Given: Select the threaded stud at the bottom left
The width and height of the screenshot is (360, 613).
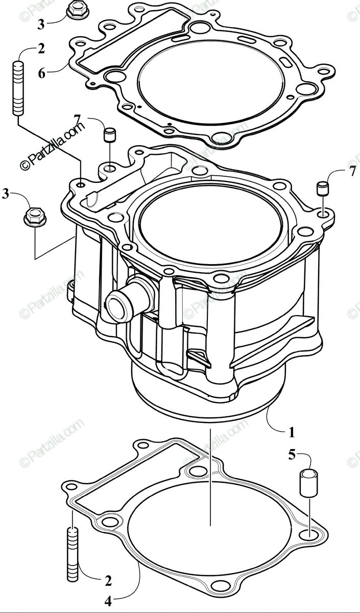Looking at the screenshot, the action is tap(72, 555).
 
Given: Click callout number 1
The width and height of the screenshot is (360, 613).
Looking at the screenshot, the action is tap(291, 433).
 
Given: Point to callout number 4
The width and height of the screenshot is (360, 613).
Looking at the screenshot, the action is tap(108, 602).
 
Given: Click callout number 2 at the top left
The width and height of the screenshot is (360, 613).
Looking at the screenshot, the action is tap(41, 49).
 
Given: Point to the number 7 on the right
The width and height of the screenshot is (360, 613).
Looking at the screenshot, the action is tap(352, 172).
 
